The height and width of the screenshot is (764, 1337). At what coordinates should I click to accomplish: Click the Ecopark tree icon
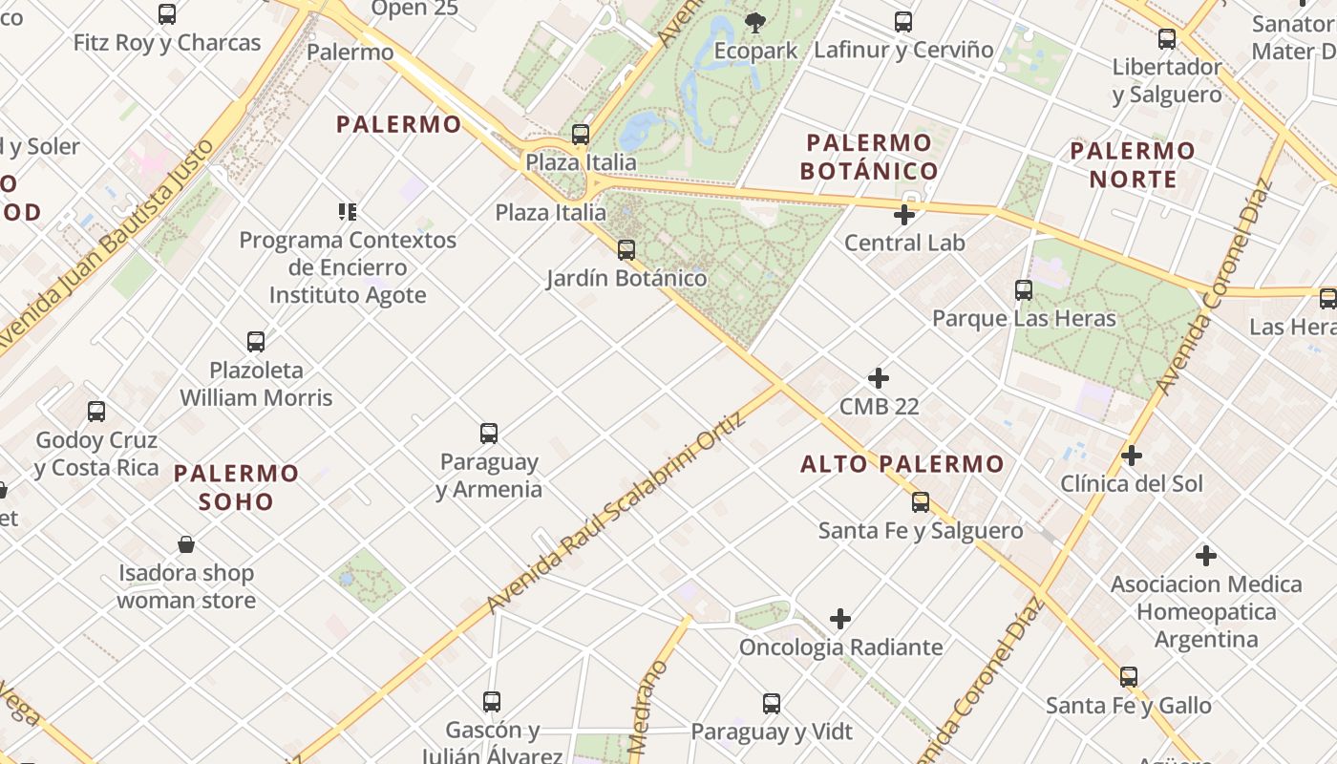(754, 21)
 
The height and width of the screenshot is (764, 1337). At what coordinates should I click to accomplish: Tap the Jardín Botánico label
(626, 278)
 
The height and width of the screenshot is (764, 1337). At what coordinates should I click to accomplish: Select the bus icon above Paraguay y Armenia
(489, 434)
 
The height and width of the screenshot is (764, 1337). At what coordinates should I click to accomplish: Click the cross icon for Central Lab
(903, 215)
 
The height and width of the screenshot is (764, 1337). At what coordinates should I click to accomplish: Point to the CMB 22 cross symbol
(878, 378)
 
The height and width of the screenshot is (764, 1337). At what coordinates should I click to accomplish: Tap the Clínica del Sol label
(1132, 483)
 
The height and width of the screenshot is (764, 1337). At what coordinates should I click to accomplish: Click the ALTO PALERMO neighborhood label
(902, 465)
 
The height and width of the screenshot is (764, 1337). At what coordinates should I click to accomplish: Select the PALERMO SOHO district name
(237, 487)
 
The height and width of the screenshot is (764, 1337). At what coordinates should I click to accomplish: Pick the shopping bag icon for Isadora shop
(186, 544)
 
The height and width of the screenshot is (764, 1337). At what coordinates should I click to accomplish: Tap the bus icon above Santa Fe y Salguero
(921, 501)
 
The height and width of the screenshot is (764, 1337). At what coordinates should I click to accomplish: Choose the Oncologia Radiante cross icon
(840, 619)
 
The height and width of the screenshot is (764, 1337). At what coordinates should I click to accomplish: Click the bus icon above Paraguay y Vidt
(772, 704)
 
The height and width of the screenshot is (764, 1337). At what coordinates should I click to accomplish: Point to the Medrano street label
(650, 707)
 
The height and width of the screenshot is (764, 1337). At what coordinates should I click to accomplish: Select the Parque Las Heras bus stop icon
(1024, 289)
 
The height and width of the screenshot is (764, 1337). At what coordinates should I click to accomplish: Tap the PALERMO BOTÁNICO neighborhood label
(868, 158)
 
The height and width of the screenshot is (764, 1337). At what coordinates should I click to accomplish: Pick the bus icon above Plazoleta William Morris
(256, 342)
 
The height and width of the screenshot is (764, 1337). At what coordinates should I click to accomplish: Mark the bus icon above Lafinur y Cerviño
(902, 22)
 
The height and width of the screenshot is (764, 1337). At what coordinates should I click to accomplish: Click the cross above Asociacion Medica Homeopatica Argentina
(1206, 555)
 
